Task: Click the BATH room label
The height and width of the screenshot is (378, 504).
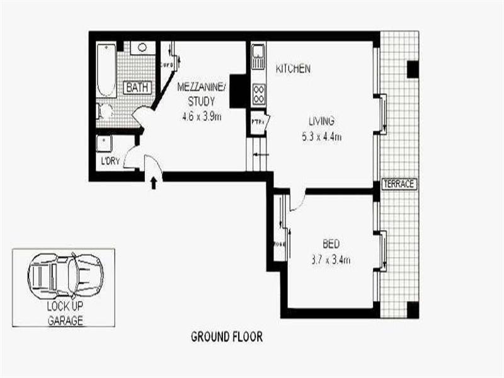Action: [x=137, y=88]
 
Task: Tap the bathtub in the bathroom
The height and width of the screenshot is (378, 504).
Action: [x=107, y=69]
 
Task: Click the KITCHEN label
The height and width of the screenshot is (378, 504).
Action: [x=292, y=69]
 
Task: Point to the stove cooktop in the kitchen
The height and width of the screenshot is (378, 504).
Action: [x=258, y=94]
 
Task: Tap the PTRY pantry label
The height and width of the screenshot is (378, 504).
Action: [x=258, y=122]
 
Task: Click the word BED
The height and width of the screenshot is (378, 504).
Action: [x=331, y=244]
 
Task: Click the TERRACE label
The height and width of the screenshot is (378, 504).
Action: [x=399, y=184]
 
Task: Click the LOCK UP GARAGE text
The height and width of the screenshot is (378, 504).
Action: [x=64, y=313]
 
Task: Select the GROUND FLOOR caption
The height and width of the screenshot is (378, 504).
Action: [x=226, y=337]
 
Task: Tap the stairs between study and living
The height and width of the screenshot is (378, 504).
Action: [x=258, y=156]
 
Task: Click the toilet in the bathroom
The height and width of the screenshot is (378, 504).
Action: [x=105, y=112]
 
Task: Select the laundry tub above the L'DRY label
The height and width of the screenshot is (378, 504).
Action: [x=103, y=143]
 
